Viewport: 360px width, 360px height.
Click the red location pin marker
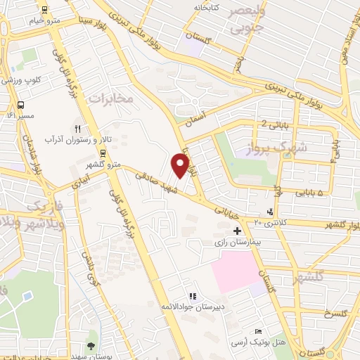pos(181,166)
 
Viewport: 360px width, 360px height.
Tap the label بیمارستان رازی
pos(238,241)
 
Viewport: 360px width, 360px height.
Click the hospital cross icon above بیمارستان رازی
pos(237,230)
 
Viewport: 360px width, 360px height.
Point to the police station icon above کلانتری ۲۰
pos(270,212)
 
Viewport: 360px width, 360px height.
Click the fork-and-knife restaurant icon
pos(78,129)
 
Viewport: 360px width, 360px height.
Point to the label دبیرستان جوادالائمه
pos(193,307)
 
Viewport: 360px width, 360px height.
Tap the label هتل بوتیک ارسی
pos(259,342)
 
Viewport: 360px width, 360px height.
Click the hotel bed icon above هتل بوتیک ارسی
pos(259,331)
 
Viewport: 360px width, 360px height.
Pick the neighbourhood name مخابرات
pos(111,98)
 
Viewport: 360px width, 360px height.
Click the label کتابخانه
pos(207,7)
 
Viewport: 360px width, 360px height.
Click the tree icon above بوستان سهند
pos(91,345)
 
